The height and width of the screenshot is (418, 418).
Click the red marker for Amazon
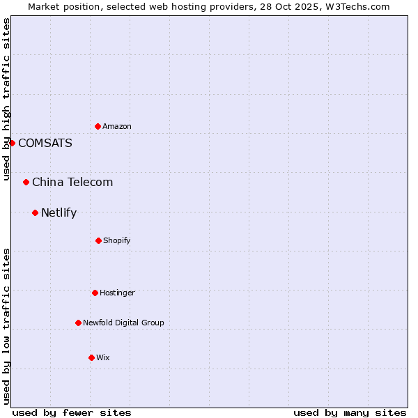click(98, 126)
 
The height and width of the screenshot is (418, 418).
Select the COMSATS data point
click(12, 143)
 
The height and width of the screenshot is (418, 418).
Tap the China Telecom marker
click(26, 182)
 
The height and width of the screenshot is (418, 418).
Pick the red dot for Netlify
click(35, 212)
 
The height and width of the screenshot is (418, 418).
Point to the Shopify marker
click(98, 240)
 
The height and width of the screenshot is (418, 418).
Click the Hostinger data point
click(95, 293)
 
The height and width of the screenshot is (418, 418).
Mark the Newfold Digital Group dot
click(78, 323)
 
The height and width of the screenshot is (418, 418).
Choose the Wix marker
click(91, 357)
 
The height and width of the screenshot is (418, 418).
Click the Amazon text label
click(117, 126)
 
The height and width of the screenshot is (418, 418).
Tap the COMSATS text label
click(45, 143)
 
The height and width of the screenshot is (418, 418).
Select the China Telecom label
click(72, 182)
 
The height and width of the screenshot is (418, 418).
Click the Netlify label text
click(59, 212)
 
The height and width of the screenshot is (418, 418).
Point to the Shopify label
click(117, 240)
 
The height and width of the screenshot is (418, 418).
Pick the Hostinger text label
click(117, 293)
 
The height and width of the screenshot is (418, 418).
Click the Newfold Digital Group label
click(123, 323)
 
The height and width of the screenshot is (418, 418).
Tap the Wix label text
click(103, 357)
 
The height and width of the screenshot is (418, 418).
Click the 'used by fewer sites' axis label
click(72, 412)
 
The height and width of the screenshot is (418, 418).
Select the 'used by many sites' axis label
click(350, 412)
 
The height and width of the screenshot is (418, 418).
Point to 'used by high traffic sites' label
click(6, 99)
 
